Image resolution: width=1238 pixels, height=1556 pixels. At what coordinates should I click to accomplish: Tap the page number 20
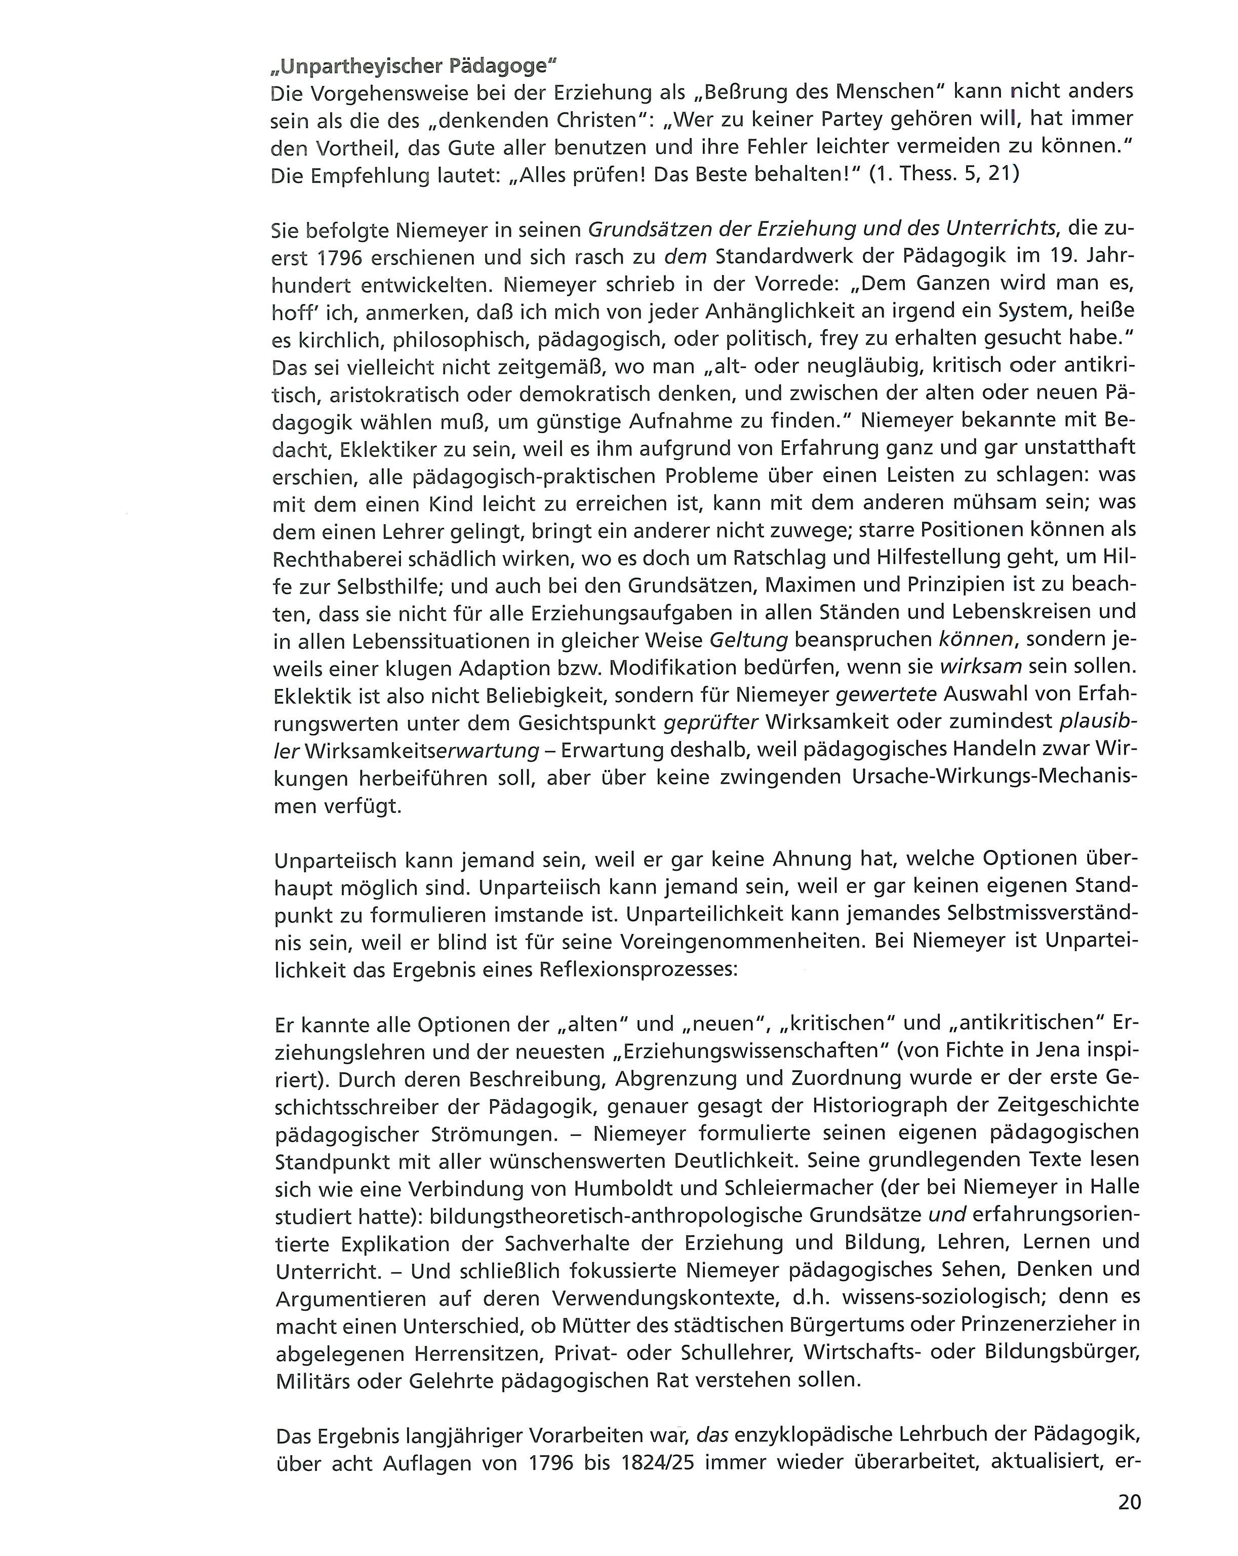[x=1130, y=1502]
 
